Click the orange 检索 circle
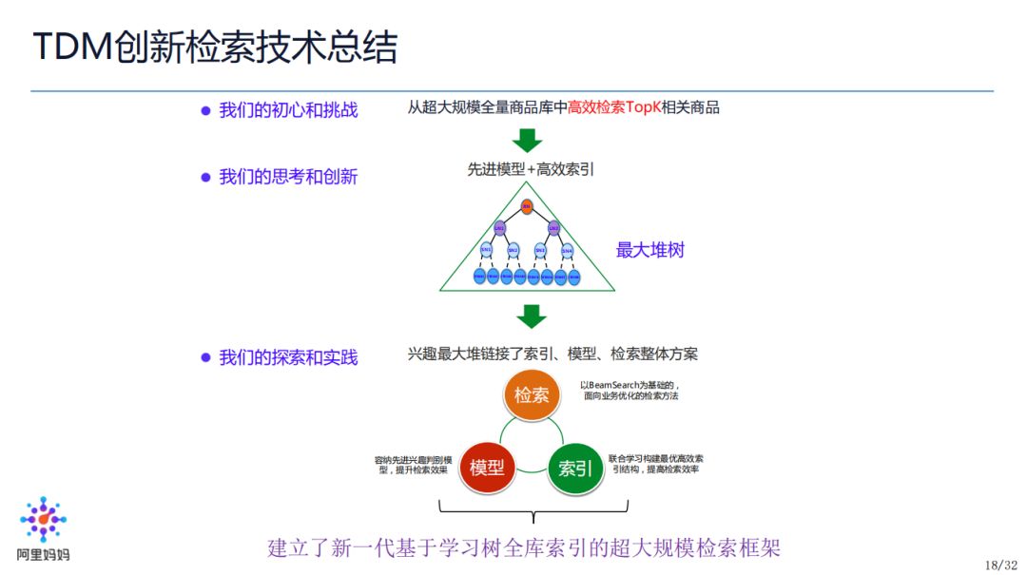pos(532,394)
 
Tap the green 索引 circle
pos(575,468)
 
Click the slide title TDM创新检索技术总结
pos(216,47)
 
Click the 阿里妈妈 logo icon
pos(44,520)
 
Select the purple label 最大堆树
pos(650,251)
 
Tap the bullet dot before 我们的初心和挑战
pos(204,110)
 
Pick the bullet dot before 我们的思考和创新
pos(204,178)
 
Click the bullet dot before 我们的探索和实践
pos(204,358)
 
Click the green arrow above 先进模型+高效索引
pos(527,141)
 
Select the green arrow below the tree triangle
pos(531,316)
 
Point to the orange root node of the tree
pos(527,205)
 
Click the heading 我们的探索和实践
pos(288,358)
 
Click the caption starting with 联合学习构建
pos(655,463)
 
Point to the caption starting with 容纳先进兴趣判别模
pos(415,465)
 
